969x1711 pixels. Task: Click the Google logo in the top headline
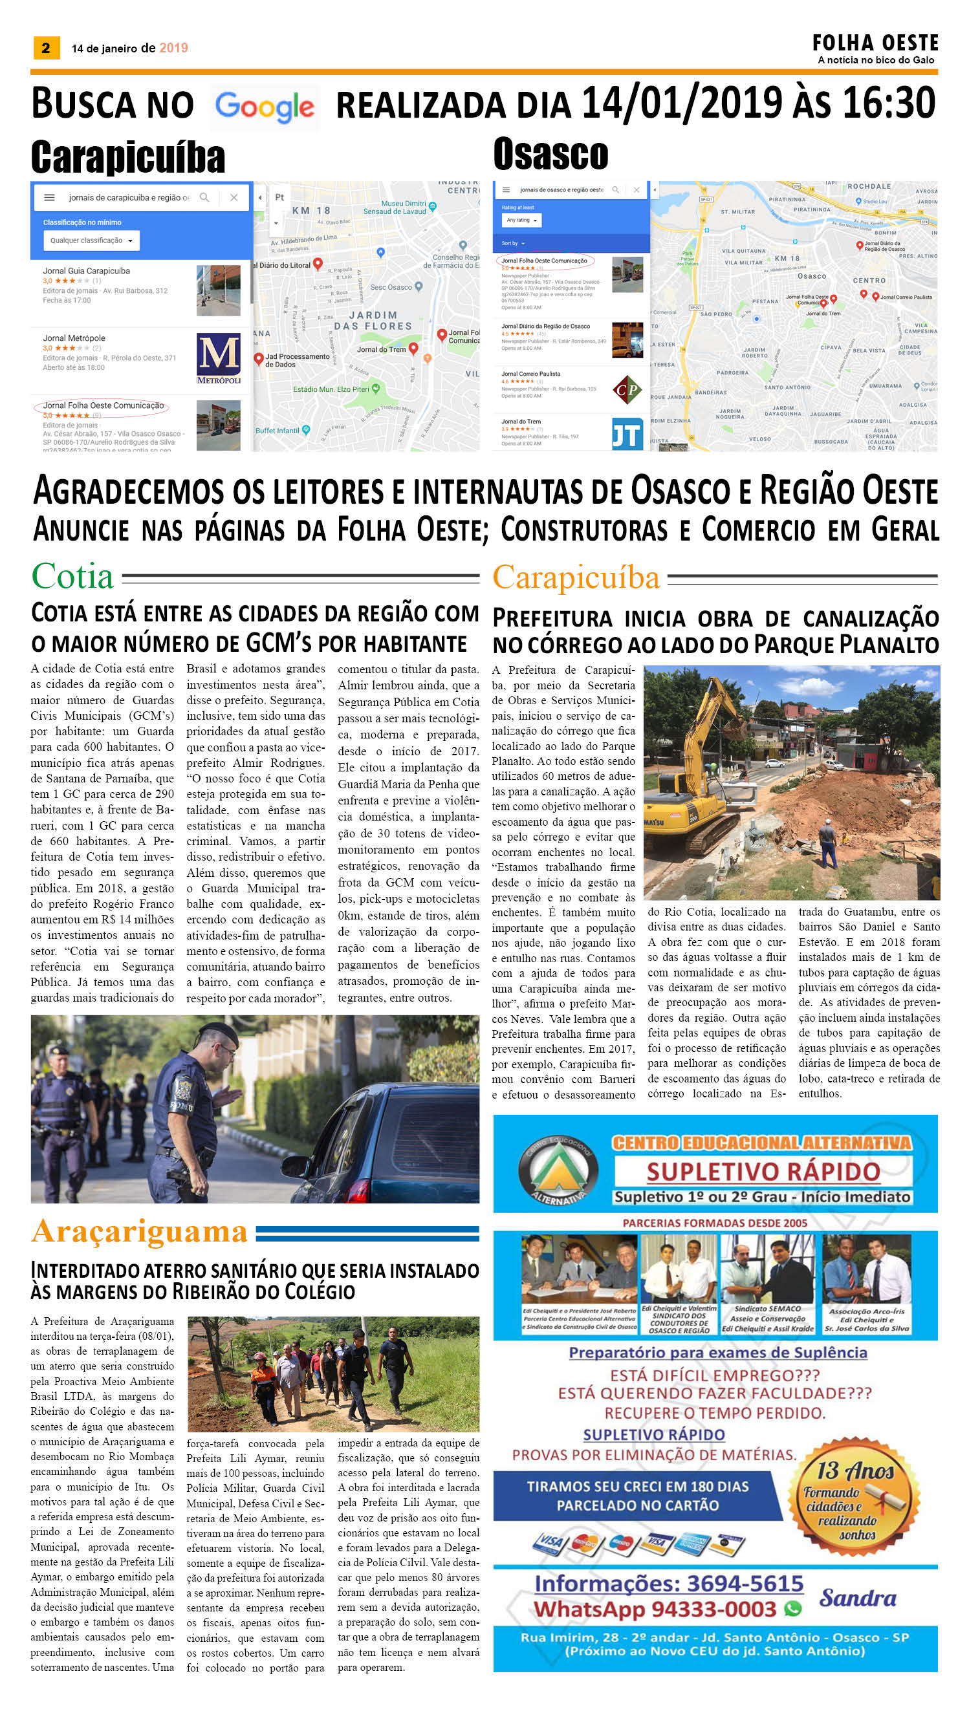(x=265, y=107)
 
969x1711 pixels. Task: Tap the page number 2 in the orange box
(x=45, y=47)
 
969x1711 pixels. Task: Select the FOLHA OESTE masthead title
(x=875, y=43)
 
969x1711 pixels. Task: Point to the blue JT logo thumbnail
(x=627, y=434)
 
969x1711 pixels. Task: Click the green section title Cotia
(x=72, y=576)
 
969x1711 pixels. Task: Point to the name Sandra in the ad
(x=857, y=1598)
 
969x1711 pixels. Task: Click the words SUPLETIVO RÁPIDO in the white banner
(x=763, y=1172)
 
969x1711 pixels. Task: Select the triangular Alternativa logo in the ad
(x=558, y=1170)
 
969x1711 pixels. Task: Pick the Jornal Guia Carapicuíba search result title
(x=87, y=271)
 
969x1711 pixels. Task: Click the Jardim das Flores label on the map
(x=373, y=321)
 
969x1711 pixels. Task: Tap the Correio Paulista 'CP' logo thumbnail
(x=627, y=390)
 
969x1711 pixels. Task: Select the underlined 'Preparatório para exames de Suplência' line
(x=717, y=1352)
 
